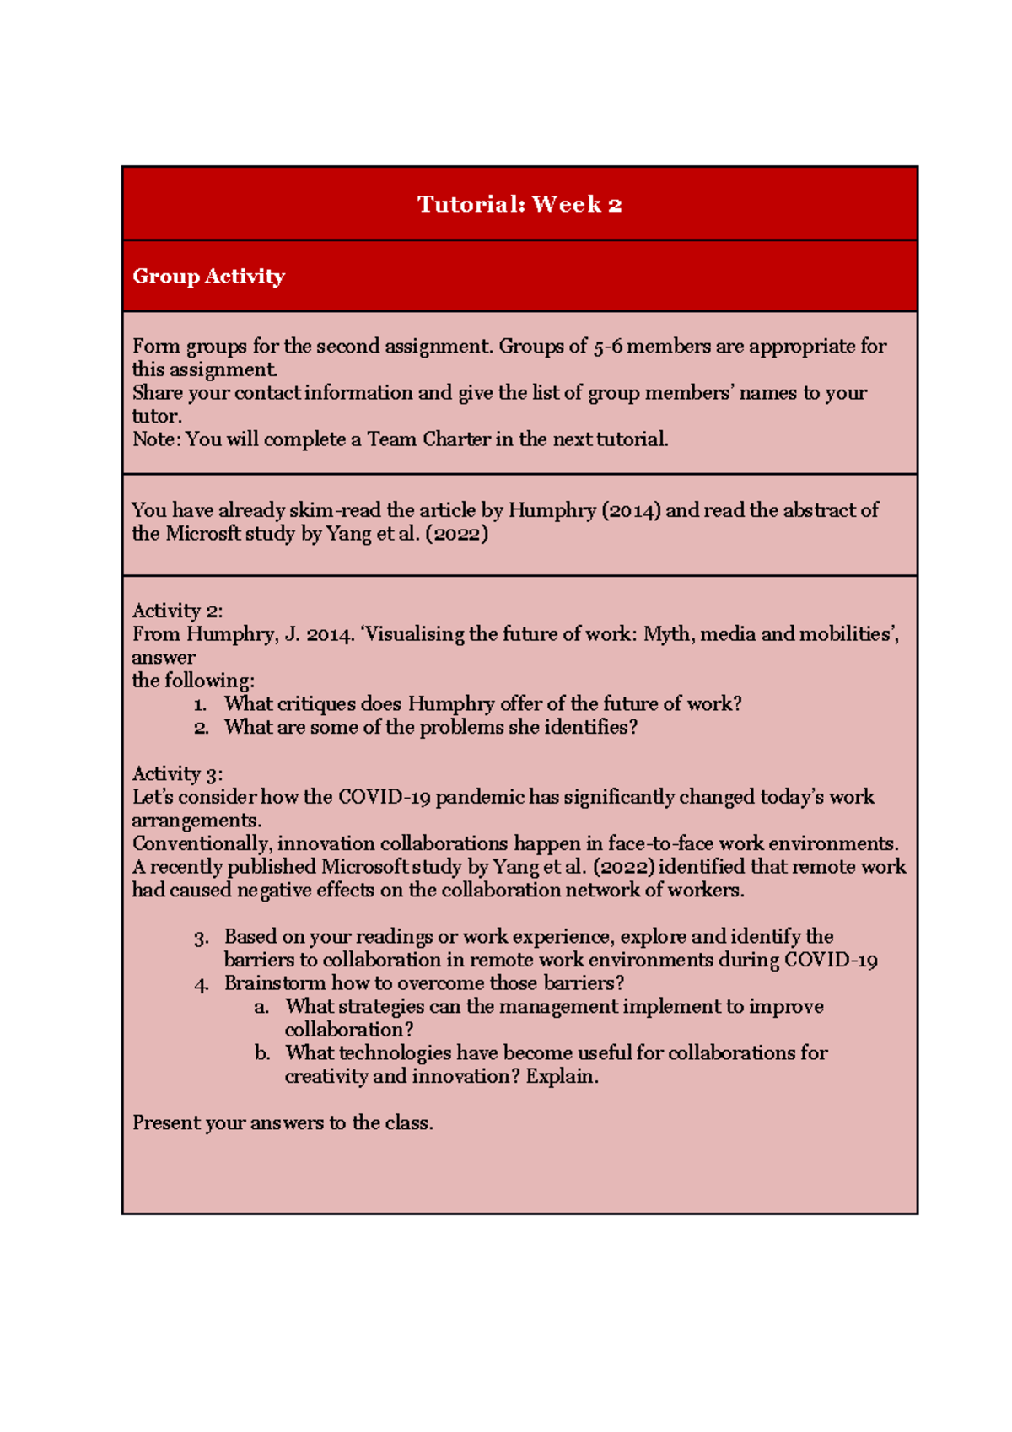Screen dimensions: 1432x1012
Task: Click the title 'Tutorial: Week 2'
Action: (519, 204)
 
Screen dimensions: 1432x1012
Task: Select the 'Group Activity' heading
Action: (208, 277)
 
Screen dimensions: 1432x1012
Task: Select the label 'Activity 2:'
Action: (177, 611)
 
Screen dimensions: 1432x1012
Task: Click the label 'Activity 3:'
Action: (177, 773)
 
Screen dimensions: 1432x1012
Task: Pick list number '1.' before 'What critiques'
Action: (200, 705)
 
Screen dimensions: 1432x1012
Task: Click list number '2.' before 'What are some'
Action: (201, 728)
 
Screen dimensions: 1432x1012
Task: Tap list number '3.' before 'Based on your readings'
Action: (201, 938)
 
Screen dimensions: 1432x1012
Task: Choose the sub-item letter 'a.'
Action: (261, 1007)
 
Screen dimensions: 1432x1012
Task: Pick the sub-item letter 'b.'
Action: (262, 1053)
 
